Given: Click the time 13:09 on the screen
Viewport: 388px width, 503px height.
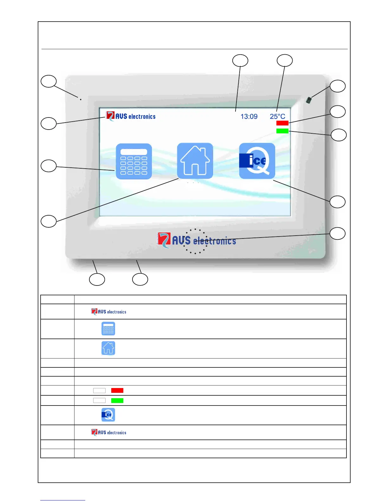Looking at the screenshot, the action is click(249, 117).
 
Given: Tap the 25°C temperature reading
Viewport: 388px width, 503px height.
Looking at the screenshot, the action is click(277, 117).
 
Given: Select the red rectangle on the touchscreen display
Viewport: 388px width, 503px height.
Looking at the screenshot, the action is click(282, 123).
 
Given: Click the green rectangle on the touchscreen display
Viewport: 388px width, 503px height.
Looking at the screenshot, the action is click(282, 131).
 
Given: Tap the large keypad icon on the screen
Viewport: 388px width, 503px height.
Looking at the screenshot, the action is click(134, 161).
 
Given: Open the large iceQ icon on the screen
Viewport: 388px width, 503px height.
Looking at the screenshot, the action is click(257, 161).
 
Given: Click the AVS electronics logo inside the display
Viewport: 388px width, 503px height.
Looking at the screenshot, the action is click(131, 116).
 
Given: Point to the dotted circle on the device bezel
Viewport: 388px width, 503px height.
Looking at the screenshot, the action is click(195, 241).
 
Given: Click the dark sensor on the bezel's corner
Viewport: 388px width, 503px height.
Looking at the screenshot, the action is click(308, 100).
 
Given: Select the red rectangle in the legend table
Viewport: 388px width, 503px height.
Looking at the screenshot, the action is click(117, 390).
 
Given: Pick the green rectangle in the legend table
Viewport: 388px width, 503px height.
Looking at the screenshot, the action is click(117, 400).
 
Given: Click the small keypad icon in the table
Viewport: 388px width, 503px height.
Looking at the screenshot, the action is click(108, 329).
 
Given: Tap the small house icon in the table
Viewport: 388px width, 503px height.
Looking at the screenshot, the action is click(108, 348).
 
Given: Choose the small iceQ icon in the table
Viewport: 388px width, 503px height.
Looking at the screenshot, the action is click(108, 415).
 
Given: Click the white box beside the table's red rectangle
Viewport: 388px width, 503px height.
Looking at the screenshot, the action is click(99, 390).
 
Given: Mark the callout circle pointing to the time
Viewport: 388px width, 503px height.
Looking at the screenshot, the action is click(240, 61).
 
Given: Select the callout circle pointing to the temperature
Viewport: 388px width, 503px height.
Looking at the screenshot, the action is click(285, 61).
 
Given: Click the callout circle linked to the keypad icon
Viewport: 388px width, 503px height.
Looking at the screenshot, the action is click(48, 166).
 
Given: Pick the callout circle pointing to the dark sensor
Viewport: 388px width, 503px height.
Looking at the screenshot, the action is click(338, 86).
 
